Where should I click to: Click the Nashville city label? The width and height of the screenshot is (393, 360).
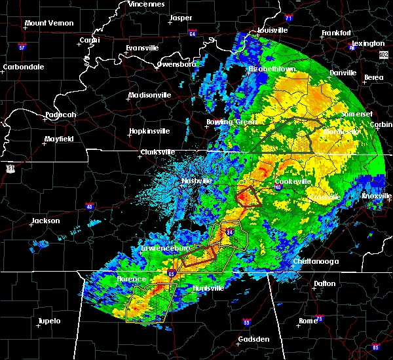[197, 181]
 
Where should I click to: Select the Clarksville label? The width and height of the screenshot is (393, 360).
[158, 153]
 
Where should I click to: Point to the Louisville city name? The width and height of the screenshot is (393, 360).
[271, 30]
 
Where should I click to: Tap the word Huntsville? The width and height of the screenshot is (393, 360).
[209, 288]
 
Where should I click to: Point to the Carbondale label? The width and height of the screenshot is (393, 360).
[23, 67]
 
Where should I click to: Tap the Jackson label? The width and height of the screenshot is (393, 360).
[46, 221]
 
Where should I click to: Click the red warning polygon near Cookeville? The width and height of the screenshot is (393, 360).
[248, 196]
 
